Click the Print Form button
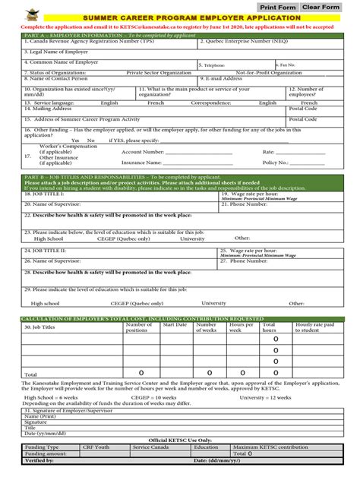coord(278,7)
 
